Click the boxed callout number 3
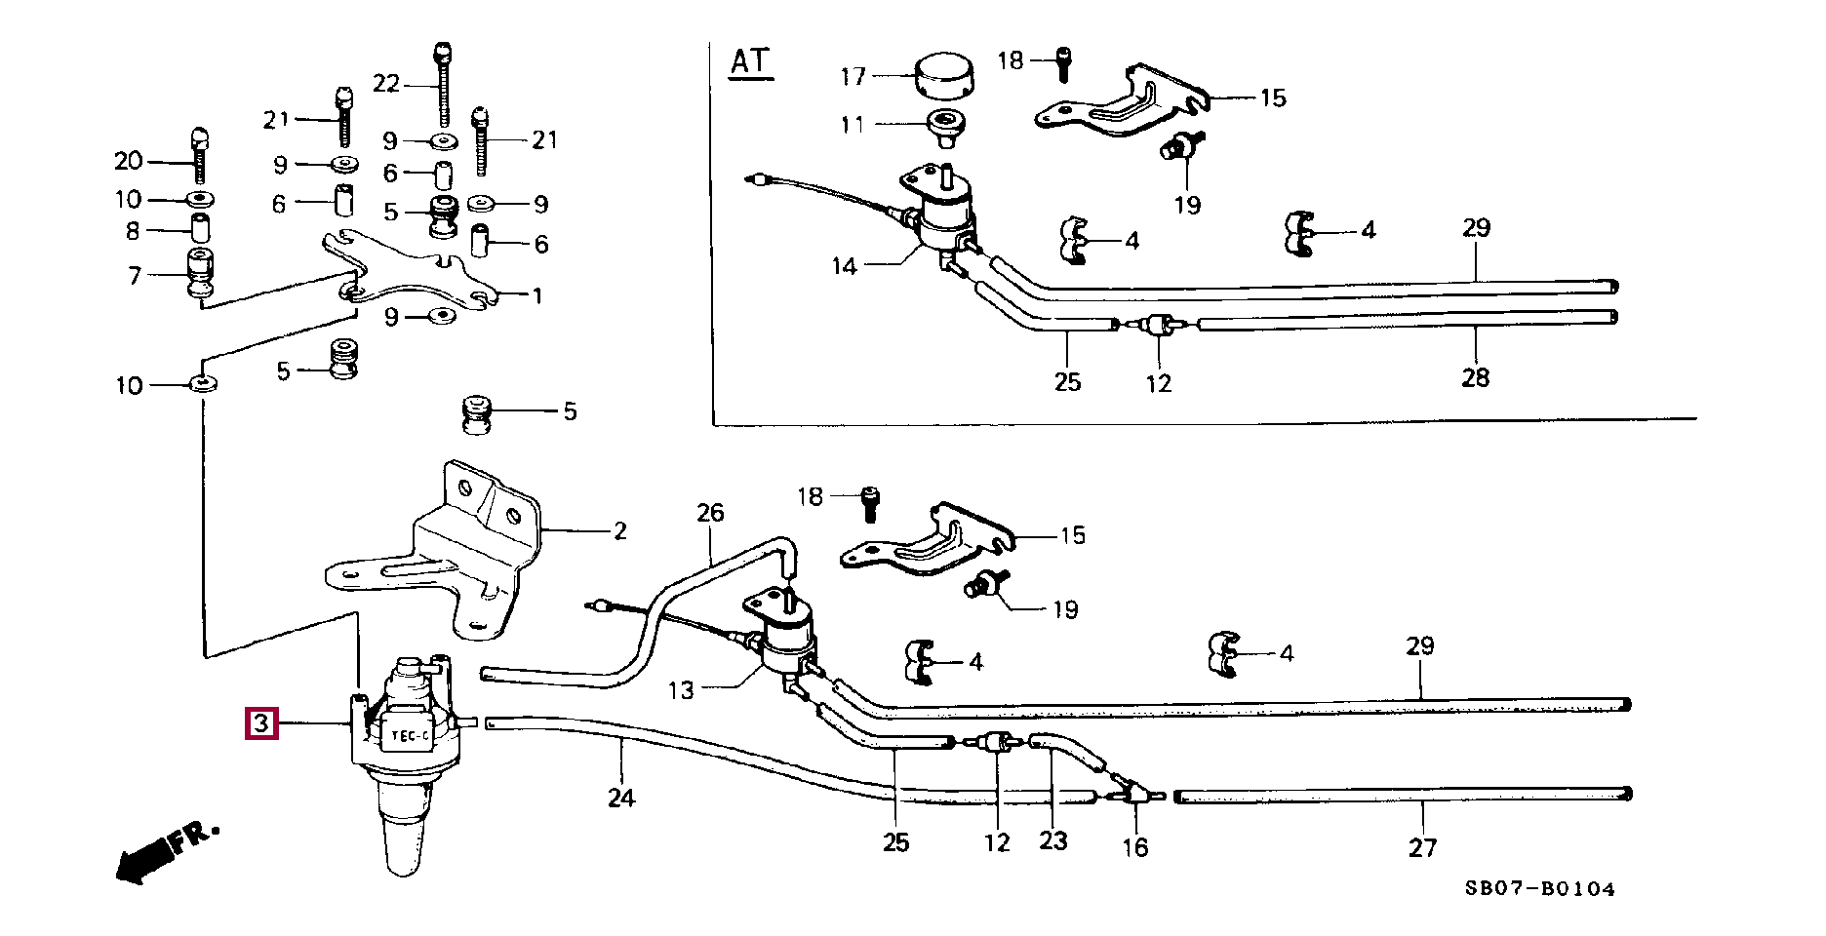pos(261,723)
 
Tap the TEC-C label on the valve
pos(411,736)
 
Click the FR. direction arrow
pos(166,850)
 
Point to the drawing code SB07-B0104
pos(1539,888)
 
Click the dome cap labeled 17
pos(943,77)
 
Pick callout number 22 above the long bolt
pos(386,84)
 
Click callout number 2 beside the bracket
pos(620,531)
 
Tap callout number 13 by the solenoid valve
pos(681,690)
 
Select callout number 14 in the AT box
pos(845,266)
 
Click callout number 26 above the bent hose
pos(710,513)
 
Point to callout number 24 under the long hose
pos(621,798)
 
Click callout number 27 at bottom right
pos(1422,847)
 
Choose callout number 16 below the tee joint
pos(1134,847)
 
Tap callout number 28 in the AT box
pos(1475,377)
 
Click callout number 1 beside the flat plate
pos(536,295)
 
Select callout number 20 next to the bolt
pos(129,161)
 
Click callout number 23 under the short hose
pos(1053,840)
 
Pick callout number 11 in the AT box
pos(853,125)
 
